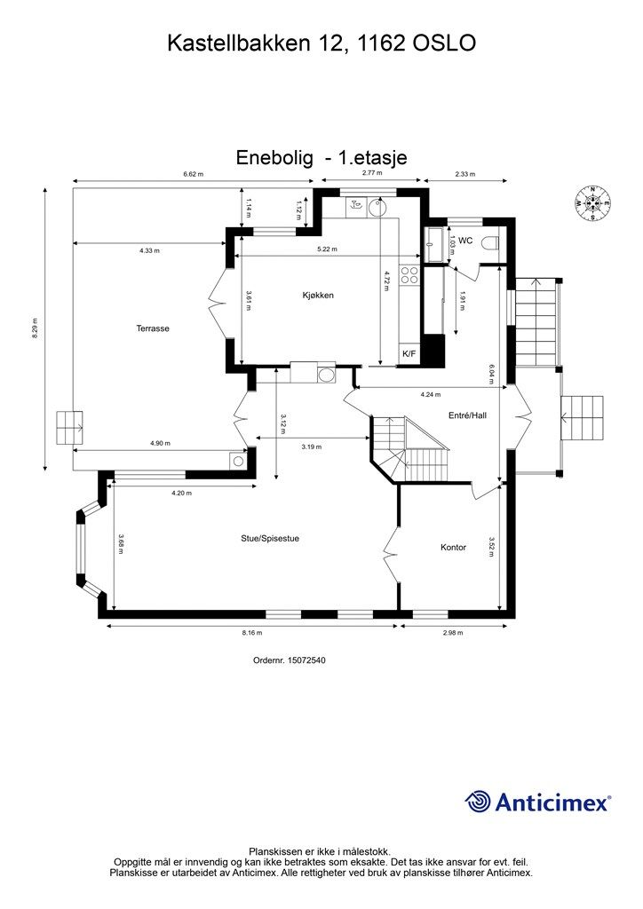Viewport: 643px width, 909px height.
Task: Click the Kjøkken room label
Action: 317,296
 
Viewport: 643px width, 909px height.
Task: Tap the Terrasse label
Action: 153,328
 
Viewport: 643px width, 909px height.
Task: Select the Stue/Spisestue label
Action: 269,538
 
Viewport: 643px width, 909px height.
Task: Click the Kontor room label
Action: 453,548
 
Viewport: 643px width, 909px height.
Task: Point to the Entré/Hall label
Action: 466,415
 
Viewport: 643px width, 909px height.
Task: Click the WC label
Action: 464,241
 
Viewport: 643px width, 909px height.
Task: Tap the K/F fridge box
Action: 409,354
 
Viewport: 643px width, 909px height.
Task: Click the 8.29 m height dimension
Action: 35,329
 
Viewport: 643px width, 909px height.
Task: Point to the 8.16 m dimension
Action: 253,633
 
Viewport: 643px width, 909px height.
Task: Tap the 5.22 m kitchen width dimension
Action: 327,249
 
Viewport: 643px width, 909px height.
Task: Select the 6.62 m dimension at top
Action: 193,175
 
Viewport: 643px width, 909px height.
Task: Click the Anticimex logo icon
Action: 479,802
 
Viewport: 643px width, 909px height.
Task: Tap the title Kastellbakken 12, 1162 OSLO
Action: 321,43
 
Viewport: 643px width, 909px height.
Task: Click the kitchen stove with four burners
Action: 409,276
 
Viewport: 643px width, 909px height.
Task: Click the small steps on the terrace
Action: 70,430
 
